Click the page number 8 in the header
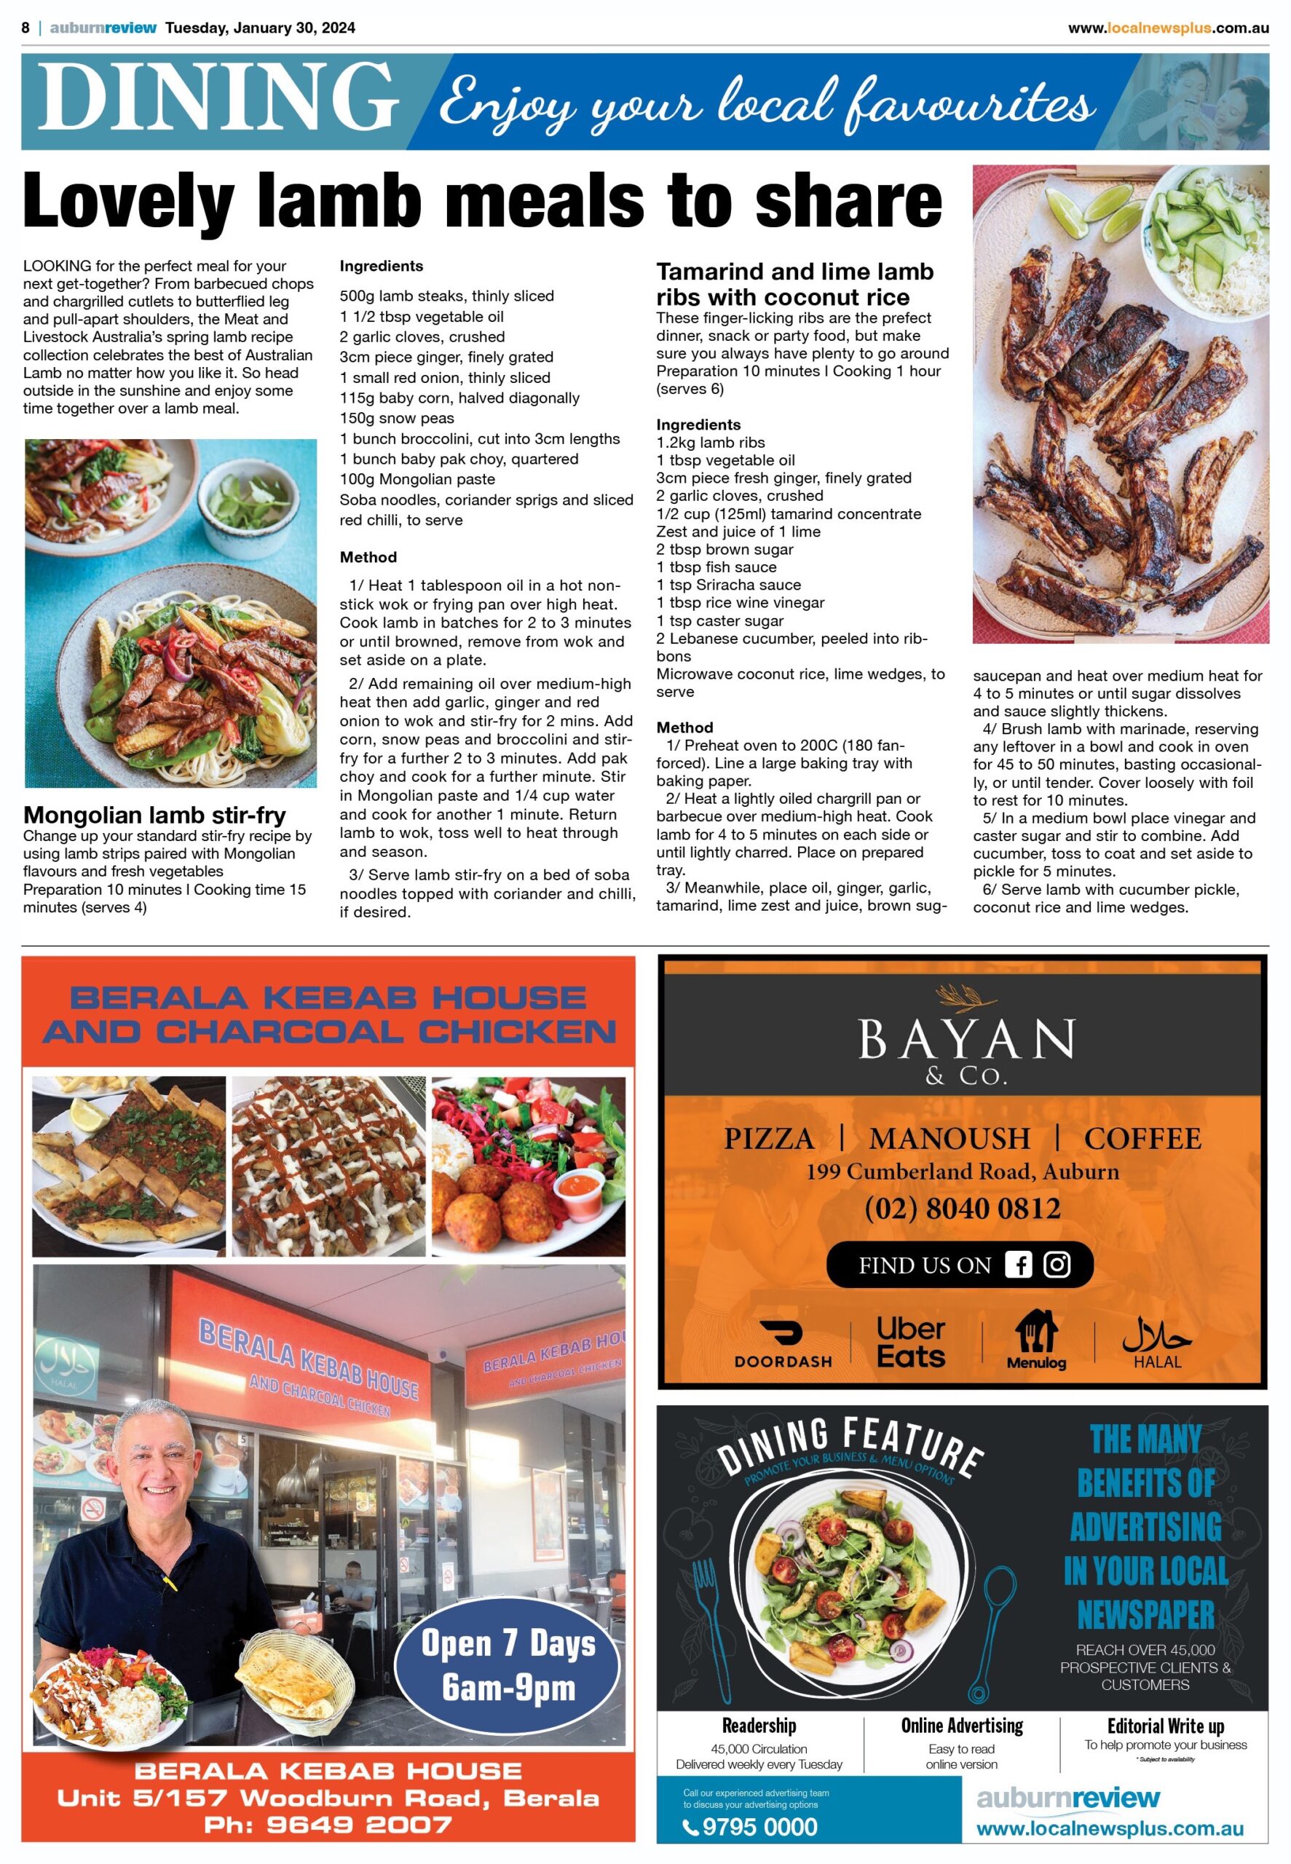click(x=26, y=28)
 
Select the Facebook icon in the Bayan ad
click(x=1018, y=1265)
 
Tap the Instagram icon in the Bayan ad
click(x=1057, y=1265)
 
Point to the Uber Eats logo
click(x=911, y=1343)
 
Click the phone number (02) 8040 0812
click(x=962, y=1209)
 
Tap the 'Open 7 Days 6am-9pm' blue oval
click(x=508, y=1666)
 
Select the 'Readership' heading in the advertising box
click(x=759, y=1726)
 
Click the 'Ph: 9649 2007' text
click(x=328, y=1825)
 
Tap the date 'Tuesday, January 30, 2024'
click(x=260, y=28)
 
